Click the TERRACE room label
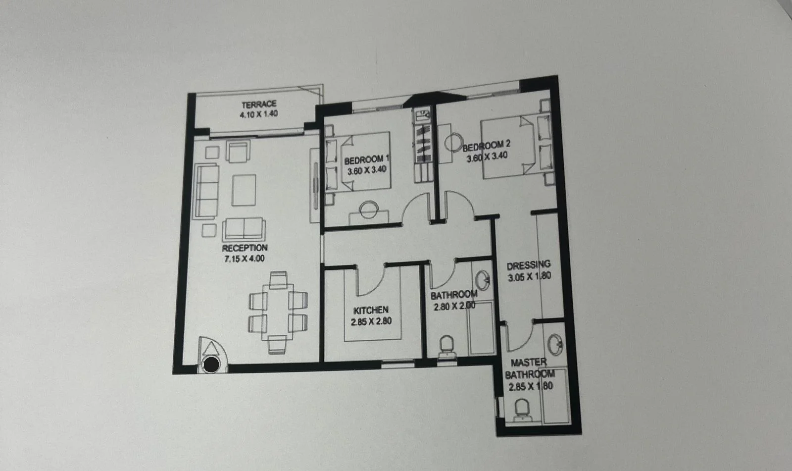coord(259,105)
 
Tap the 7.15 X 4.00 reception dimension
coord(245,259)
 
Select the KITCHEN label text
coord(371,311)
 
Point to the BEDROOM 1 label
coord(367,160)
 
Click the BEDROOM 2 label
coord(487,145)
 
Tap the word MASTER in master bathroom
coord(529,363)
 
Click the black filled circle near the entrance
coord(211,364)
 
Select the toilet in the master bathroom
coord(522,410)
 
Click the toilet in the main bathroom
coord(446,346)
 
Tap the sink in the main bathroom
coord(483,281)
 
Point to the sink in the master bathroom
coord(555,344)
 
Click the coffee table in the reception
coord(244,190)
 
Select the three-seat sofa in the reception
coord(206,191)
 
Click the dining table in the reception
coord(278,312)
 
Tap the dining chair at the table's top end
coord(278,279)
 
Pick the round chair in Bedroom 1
coord(369,209)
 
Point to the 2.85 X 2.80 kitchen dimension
coord(371,321)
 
